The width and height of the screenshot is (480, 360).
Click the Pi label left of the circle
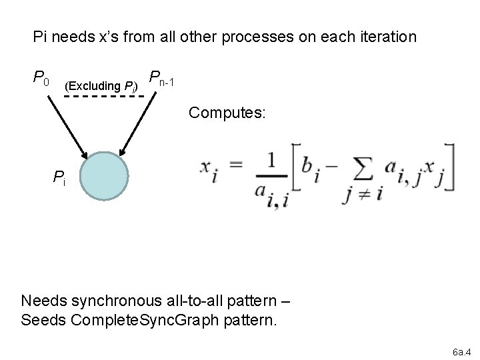pyautogui.click(x=59, y=177)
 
